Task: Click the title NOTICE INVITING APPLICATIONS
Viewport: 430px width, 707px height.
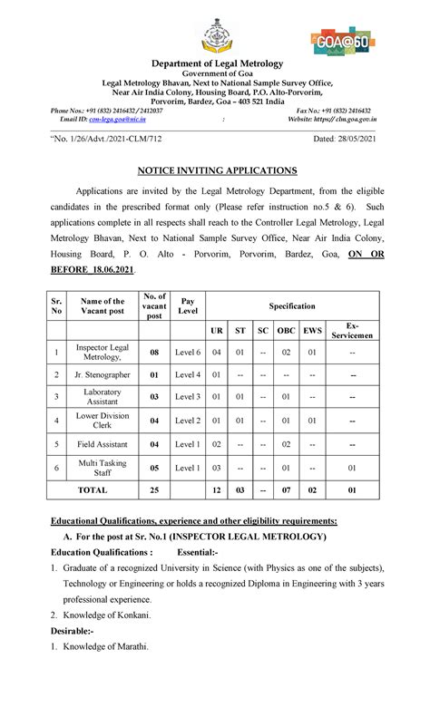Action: click(217, 169)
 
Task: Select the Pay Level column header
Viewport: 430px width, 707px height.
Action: click(188, 306)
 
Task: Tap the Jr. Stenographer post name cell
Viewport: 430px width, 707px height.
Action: click(103, 373)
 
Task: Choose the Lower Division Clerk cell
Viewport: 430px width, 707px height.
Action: click(103, 421)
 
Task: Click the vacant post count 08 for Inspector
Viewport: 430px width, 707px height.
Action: click(154, 351)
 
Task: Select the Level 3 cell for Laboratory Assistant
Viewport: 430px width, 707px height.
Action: click(188, 397)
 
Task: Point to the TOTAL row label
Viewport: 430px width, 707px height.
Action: click(92, 489)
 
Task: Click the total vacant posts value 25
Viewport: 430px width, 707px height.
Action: click(154, 489)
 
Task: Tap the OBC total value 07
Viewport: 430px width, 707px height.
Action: click(286, 489)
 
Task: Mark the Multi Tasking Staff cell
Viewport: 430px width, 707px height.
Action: click(103, 468)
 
